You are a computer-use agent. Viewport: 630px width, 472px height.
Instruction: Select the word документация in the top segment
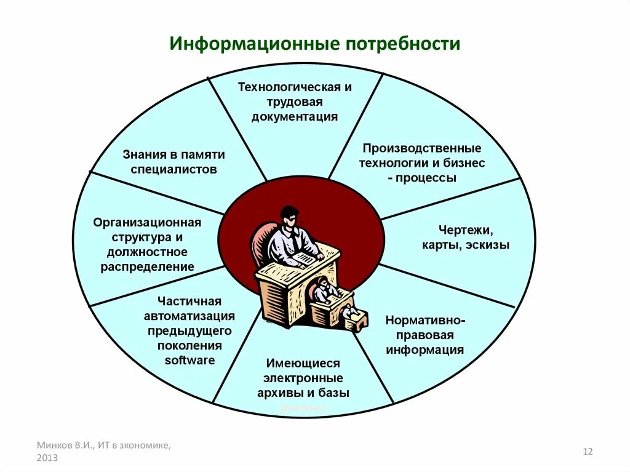pyautogui.click(x=295, y=117)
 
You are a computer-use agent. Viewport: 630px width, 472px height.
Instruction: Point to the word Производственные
pyautogui.click(x=421, y=148)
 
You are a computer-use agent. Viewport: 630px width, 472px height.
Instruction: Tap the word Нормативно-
pyautogui.click(x=425, y=320)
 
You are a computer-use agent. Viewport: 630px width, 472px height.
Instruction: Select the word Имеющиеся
pyautogui.click(x=303, y=363)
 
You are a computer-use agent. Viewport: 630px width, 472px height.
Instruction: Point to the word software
pyautogui.click(x=189, y=361)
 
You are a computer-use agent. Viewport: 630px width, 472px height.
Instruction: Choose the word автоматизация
pyautogui.click(x=189, y=316)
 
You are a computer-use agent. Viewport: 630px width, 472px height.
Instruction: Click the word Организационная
pyautogui.click(x=147, y=222)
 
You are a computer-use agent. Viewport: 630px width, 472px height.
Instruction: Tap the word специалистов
pyautogui.click(x=173, y=169)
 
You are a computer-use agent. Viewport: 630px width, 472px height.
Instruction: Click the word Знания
pyautogui.click(x=145, y=154)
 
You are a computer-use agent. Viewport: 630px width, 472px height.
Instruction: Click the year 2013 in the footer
pyautogui.click(x=47, y=458)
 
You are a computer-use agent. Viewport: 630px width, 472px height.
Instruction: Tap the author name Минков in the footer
pyautogui.click(x=54, y=444)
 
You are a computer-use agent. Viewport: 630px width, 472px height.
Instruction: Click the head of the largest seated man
pyautogui.click(x=289, y=216)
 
